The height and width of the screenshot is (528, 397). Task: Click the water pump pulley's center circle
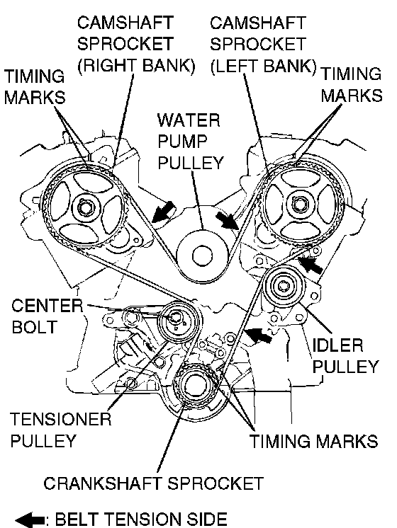coord(202,256)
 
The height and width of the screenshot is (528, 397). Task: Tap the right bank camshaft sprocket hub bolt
coord(84,208)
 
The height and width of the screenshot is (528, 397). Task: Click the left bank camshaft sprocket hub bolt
coord(299,204)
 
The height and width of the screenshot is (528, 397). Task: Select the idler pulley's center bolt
coord(283,286)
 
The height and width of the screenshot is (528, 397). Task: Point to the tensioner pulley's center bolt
coord(175,318)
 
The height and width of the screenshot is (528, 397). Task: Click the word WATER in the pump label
coord(189,120)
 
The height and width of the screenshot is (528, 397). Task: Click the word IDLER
coord(337,345)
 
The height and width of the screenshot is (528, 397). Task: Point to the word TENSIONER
coord(61,419)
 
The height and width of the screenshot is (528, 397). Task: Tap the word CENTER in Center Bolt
coord(47,306)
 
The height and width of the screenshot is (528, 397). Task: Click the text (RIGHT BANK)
coord(136,66)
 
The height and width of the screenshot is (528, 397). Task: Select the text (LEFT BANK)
coord(264,66)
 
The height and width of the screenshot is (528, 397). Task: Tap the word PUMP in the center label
coord(182,142)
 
